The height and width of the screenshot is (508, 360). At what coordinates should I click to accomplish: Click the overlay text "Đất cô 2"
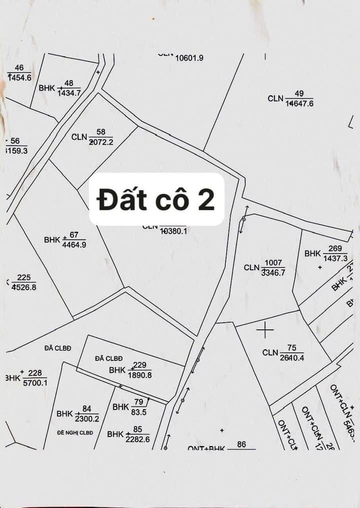[156, 200]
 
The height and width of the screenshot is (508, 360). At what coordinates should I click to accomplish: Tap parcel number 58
[101, 132]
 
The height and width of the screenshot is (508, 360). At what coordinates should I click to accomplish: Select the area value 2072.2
[101, 142]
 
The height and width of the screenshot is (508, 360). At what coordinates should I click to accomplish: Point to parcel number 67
[74, 235]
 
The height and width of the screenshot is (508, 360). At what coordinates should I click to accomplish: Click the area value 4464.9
[74, 245]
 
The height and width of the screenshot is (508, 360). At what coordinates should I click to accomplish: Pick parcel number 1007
[273, 263]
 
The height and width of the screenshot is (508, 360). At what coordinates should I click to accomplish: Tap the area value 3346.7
[273, 273]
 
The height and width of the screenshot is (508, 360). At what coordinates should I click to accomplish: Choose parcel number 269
[335, 249]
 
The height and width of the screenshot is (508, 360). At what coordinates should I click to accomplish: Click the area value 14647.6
[299, 104]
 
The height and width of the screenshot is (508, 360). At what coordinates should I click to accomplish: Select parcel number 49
[299, 93]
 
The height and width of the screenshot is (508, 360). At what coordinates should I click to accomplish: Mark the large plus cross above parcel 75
[265, 329]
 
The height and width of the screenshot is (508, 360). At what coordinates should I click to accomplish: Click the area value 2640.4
[292, 358]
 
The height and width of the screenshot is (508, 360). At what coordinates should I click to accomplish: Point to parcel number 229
[140, 366]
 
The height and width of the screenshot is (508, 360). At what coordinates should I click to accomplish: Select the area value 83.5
[138, 412]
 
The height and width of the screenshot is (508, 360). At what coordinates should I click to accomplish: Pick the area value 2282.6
[138, 440]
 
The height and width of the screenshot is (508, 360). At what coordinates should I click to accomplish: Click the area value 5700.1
[35, 383]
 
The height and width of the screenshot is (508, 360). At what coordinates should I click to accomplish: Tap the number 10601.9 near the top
[189, 58]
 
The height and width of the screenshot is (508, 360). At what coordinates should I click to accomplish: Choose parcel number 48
[69, 83]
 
